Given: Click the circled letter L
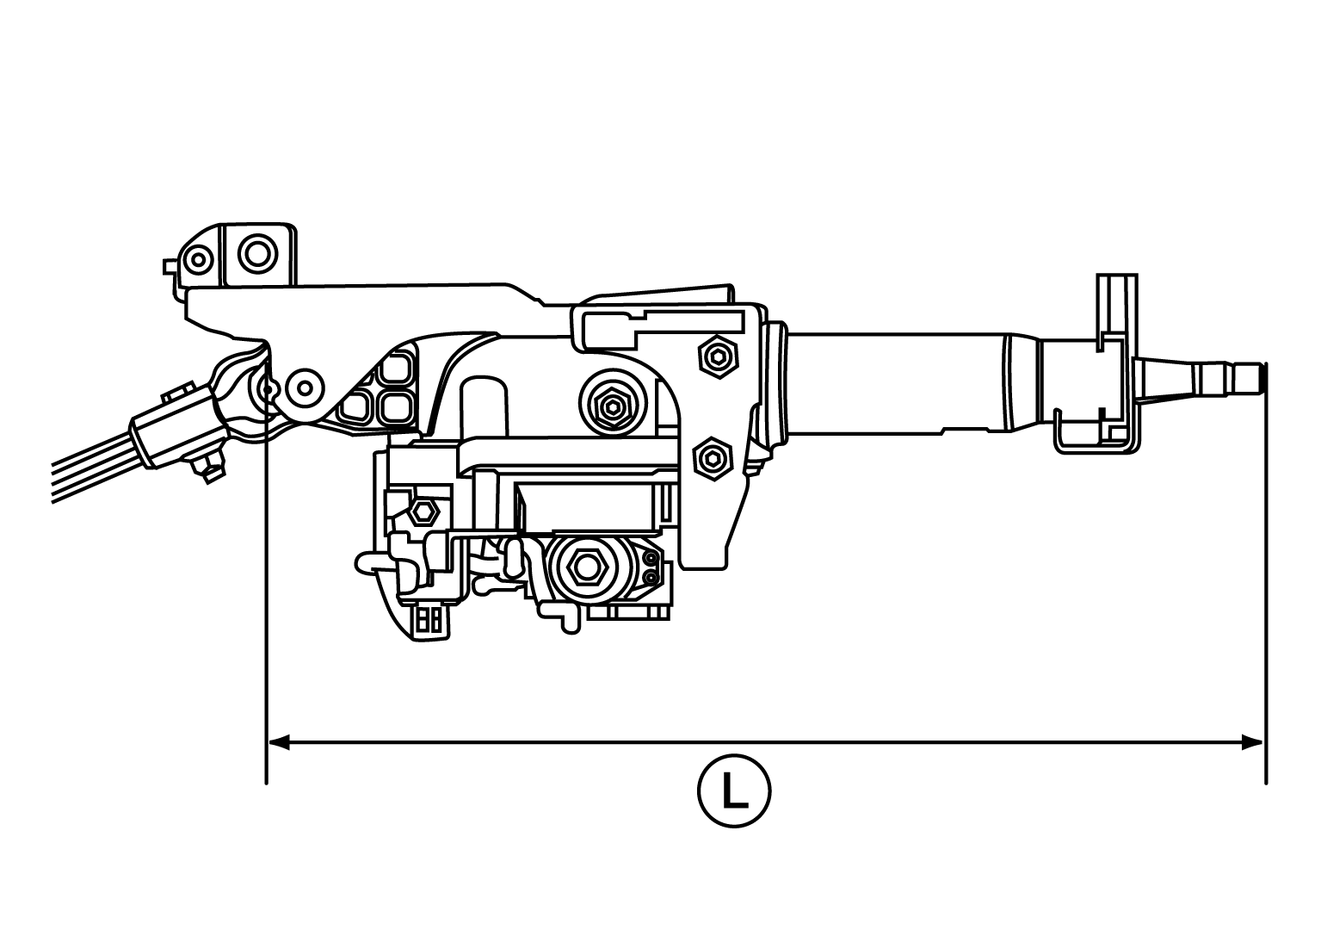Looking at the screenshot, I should click(x=733, y=791).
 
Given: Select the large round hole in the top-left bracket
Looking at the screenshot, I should click(x=256, y=254).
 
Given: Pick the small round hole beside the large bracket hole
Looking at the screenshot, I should click(x=200, y=258).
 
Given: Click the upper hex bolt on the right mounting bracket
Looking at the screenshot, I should click(x=716, y=355).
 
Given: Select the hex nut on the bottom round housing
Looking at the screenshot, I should click(x=585, y=566).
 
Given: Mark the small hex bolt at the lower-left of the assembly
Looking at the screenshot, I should click(x=422, y=511).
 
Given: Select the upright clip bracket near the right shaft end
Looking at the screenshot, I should click(x=1117, y=362).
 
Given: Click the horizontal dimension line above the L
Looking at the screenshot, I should click(x=766, y=741).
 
